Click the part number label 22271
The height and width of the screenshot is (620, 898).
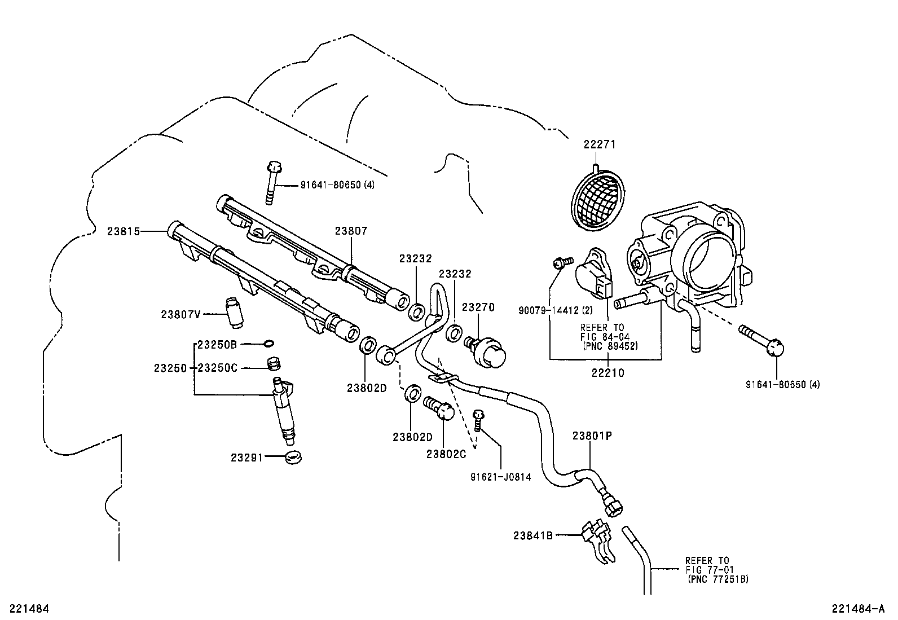(x=599, y=144)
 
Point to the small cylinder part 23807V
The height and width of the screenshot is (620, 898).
(x=234, y=311)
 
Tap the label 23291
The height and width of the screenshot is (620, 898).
(x=246, y=458)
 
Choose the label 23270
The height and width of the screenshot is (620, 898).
(x=478, y=307)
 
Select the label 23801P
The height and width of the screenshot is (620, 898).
(x=592, y=435)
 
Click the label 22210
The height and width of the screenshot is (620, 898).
(x=608, y=373)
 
